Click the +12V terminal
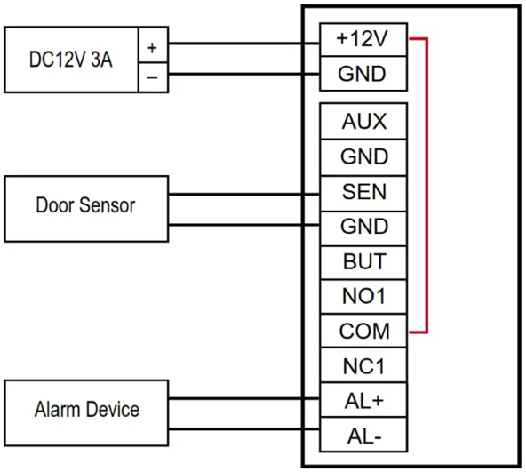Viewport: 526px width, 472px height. tap(363, 40)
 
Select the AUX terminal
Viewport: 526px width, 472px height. tap(363, 121)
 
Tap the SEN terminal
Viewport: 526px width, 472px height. tap(363, 193)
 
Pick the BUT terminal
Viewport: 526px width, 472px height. tap(363, 262)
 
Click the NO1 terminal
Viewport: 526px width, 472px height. tap(363, 297)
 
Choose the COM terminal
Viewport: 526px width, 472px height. tap(363, 331)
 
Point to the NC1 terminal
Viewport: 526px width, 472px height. tap(363, 365)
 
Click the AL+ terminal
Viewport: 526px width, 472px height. tap(363, 400)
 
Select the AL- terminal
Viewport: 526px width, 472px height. tap(363, 435)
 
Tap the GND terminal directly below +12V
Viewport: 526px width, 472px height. tap(363, 74)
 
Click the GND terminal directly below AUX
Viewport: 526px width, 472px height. tap(363, 157)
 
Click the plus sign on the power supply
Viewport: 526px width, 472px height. tap(152, 48)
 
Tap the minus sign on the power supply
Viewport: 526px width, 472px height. tap(152, 78)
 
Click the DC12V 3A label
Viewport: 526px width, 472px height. tap(71, 60)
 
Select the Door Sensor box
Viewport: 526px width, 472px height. tap(86, 209)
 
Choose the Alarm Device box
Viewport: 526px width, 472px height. tap(86, 413)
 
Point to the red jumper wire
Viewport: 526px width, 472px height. tap(426, 186)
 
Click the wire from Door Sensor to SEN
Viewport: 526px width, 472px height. tap(243, 194)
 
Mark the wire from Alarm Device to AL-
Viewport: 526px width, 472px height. tap(243, 429)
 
